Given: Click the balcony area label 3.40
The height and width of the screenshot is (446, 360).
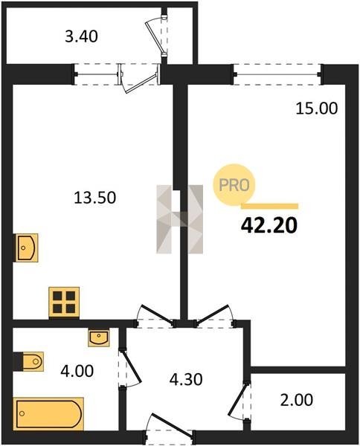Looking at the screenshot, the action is [81, 36].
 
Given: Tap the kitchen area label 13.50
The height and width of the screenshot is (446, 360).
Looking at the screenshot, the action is [94, 198].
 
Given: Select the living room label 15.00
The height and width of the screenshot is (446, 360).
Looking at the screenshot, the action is [317, 109].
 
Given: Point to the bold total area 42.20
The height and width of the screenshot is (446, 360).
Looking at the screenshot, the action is [269, 225].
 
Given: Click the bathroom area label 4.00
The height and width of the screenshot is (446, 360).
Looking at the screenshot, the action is [77, 371].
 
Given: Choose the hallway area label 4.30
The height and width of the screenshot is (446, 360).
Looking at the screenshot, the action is [186, 379].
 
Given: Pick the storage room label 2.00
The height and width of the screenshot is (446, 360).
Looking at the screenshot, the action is [297, 400].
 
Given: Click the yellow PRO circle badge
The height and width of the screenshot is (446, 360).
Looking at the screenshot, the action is [234, 185].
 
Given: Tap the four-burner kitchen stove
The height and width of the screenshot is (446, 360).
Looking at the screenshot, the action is [64, 302].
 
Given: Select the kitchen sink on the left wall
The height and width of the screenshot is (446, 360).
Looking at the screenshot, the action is [26, 248].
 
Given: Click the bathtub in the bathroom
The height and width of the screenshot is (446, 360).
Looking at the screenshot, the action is [48, 414].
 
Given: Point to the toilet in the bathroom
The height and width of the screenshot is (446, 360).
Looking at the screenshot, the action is [29, 361].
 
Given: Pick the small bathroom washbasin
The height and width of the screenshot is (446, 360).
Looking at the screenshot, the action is [98, 338].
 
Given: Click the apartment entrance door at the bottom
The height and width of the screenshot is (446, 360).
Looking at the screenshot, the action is [169, 430].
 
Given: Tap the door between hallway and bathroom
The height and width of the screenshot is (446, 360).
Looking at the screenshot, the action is [129, 368].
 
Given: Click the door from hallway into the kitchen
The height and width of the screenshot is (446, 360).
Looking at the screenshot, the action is [155, 317].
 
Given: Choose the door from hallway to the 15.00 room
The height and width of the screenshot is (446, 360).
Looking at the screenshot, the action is [215, 317].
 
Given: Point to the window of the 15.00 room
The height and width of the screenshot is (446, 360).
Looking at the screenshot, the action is [277, 75].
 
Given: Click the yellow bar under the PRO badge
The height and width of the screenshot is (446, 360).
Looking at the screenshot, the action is [269, 206].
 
